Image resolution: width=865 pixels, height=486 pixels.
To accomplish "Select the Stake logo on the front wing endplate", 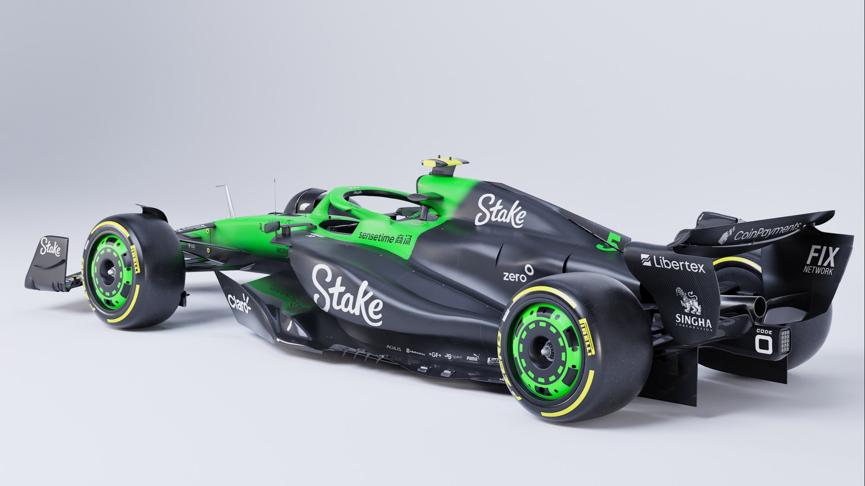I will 50,247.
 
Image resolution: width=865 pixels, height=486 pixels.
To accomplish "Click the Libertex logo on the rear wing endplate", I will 673,263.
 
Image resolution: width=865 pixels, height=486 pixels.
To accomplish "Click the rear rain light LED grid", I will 784,341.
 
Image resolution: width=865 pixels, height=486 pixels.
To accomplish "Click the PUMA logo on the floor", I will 472,358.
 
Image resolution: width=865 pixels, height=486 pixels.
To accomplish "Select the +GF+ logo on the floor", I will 435,355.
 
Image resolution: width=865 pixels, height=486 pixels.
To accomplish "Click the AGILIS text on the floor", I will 393,348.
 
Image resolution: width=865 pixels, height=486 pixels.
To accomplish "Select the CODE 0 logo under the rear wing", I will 764,341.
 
